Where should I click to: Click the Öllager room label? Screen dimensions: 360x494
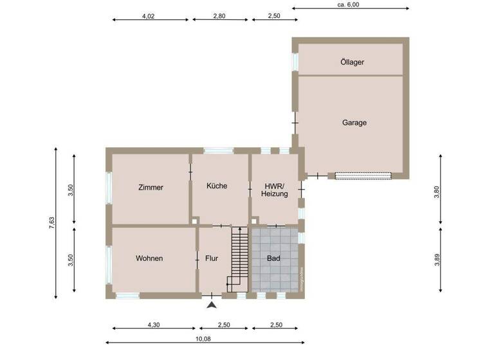352,62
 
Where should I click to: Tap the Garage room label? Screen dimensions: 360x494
354,122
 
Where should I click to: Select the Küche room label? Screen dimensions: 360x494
216,186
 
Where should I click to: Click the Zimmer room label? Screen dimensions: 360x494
151,188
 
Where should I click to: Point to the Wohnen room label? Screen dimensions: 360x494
149,258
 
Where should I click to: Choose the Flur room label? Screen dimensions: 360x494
212,258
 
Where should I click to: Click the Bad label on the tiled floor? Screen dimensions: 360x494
274,258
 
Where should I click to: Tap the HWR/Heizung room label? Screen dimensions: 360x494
275,189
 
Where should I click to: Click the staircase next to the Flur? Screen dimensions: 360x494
239,257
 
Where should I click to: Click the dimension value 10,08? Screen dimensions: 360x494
204,339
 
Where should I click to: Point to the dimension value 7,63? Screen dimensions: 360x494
51,223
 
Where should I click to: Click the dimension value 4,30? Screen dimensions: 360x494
153,325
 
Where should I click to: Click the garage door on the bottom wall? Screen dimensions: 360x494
363,175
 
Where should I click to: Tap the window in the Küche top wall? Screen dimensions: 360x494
218,151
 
